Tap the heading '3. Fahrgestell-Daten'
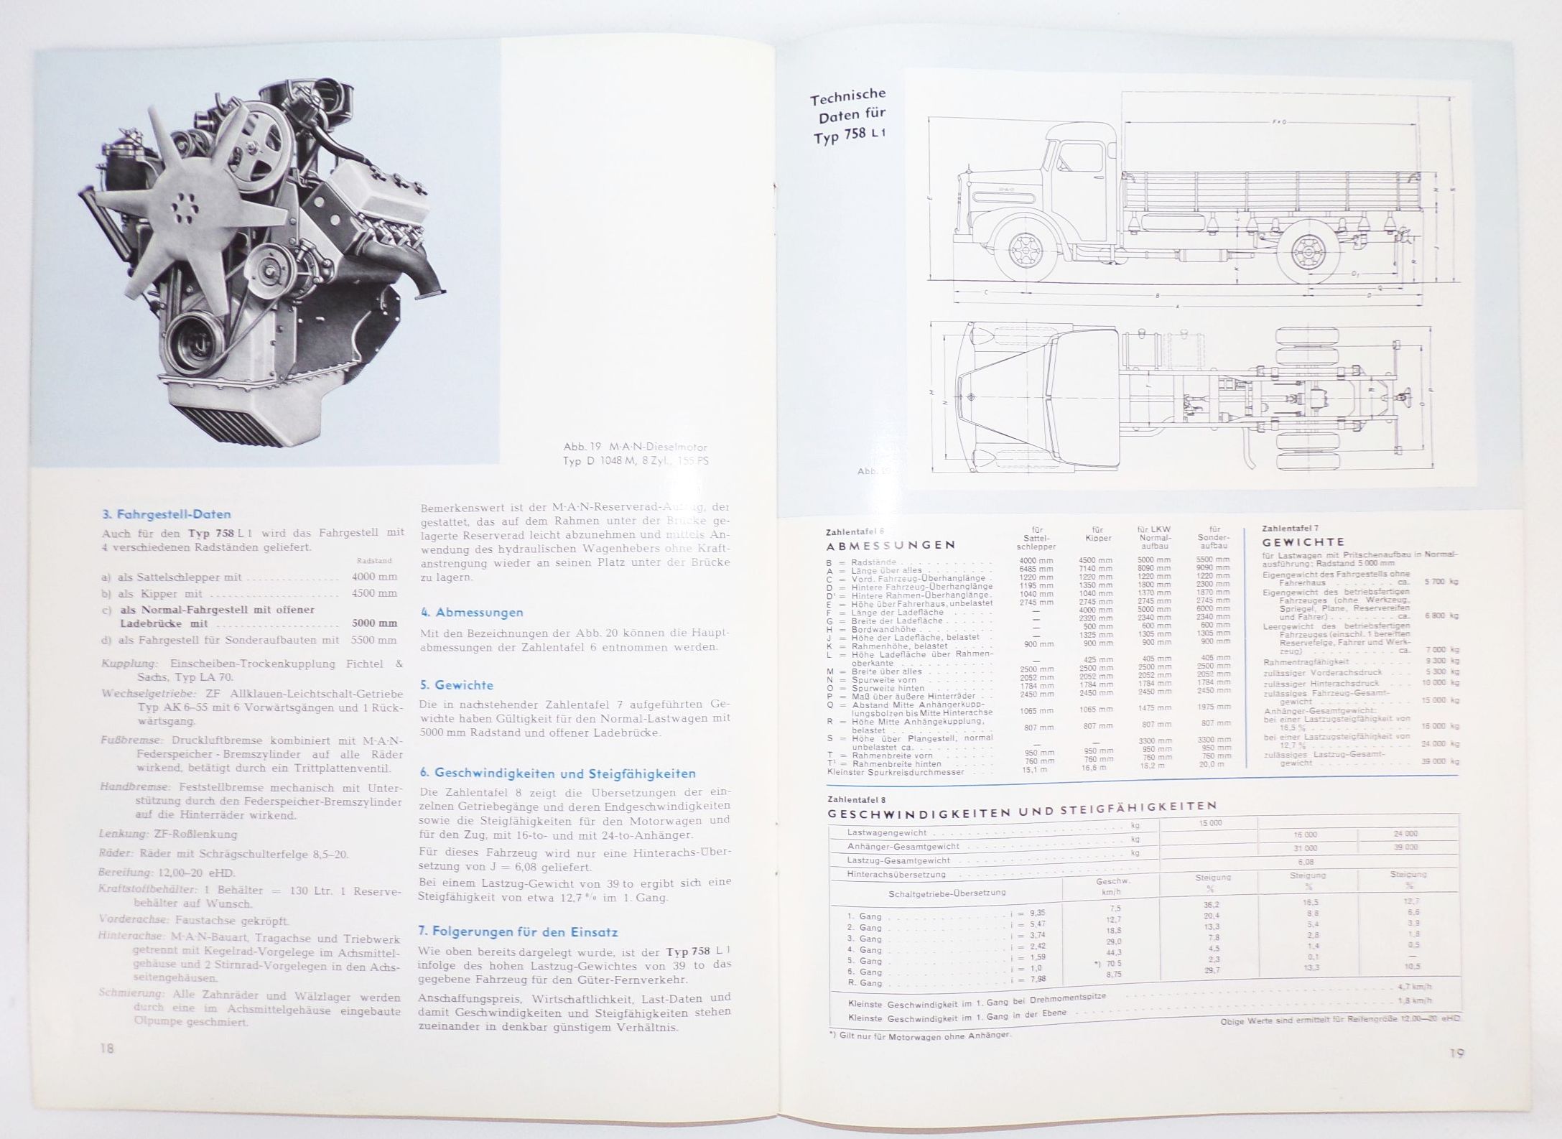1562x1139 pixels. point(167,514)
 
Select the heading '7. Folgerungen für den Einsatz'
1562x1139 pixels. point(518,931)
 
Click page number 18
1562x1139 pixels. point(107,1049)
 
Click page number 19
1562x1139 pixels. point(1456,1053)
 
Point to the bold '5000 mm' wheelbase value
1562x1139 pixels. point(374,623)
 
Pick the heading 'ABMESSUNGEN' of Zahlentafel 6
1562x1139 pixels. point(891,545)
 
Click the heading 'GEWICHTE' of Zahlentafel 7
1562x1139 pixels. point(1303,542)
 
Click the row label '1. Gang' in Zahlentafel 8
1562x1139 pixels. point(865,916)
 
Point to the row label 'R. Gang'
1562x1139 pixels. point(865,982)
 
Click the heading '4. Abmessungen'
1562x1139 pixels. point(472,613)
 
